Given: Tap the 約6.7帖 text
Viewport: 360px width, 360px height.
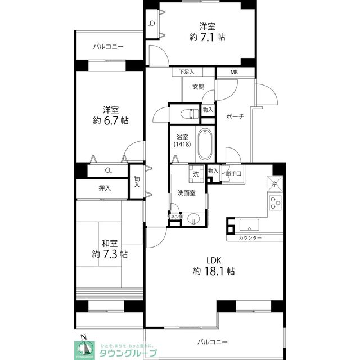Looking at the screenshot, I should click(x=111, y=120).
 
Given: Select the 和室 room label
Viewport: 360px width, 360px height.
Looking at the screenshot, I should click(x=109, y=243).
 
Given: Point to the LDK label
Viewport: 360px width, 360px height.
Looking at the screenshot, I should click(x=213, y=260).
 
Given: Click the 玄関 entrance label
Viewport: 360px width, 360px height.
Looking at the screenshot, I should click(x=198, y=87).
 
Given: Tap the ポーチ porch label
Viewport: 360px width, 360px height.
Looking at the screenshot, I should click(x=235, y=116).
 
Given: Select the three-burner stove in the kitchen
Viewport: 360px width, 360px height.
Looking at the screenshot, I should click(x=274, y=202).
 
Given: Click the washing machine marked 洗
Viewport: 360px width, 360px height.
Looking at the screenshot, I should click(x=196, y=174).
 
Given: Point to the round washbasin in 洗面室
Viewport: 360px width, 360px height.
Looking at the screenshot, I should click(x=193, y=219).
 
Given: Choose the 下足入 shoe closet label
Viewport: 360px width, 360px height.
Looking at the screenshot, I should click(x=186, y=72).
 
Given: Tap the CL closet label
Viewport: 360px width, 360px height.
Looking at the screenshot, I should click(x=107, y=169).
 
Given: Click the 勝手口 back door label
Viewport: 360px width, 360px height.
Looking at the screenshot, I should click(x=232, y=173).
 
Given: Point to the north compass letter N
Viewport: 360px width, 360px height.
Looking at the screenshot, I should click(x=84, y=338).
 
